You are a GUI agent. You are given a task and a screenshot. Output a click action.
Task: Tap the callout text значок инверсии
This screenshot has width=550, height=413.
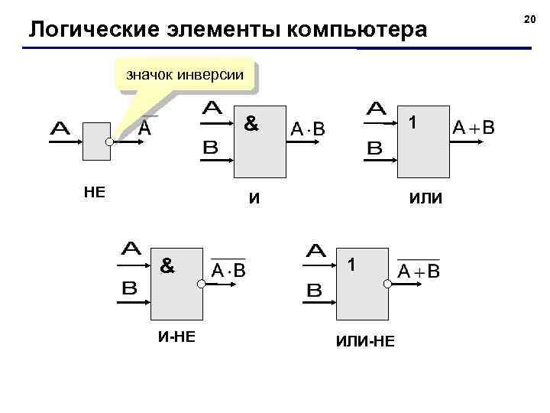pyautogui.click(x=184, y=75)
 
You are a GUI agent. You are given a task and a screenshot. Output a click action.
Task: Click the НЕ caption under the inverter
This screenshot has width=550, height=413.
pyautogui.click(x=94, y=192)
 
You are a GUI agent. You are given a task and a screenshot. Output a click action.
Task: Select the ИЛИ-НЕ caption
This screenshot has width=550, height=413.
pyautogui.click(x=365, y=340)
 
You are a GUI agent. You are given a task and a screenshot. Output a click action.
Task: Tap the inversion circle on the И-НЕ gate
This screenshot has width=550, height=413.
pyautogui.click(x=200, y=284)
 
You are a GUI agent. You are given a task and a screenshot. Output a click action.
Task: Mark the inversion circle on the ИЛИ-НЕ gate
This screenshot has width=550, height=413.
pyautogui.click(x=387, y=284)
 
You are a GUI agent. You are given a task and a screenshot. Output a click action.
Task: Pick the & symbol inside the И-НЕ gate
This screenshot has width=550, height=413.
pyautogui.click(x=167, y=266)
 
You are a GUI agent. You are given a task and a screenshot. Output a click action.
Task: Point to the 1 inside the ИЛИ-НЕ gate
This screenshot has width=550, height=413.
pyautogui.click(x=351, y=265)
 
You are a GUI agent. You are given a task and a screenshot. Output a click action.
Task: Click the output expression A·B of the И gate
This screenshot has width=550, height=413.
pyautogui.click(x=308, y=130)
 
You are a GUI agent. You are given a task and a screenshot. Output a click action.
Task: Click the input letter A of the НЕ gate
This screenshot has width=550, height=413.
pyautogui.click(x=60, y=129)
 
